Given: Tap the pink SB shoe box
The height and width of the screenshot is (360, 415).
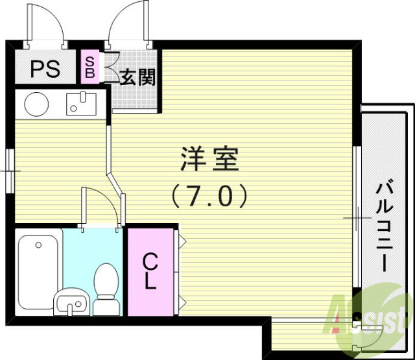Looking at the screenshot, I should [x=89, y=67].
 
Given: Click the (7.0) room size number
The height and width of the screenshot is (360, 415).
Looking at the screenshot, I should [x=209, y=195].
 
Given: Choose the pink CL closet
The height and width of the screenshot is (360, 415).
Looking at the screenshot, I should [x=150, y=272].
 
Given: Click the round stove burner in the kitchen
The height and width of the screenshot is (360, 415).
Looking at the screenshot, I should [x=36, y=103].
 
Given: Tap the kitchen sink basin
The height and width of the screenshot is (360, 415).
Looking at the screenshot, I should [x=82, y=103].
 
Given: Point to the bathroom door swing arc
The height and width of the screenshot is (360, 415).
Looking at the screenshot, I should [x=101, y=204].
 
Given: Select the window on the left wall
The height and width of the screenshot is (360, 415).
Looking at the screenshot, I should [x=10, y=170].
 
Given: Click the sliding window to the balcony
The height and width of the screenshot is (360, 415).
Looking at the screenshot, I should [x=356, y=217].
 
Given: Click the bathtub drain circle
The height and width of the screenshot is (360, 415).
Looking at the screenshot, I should [x=38, y=245].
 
